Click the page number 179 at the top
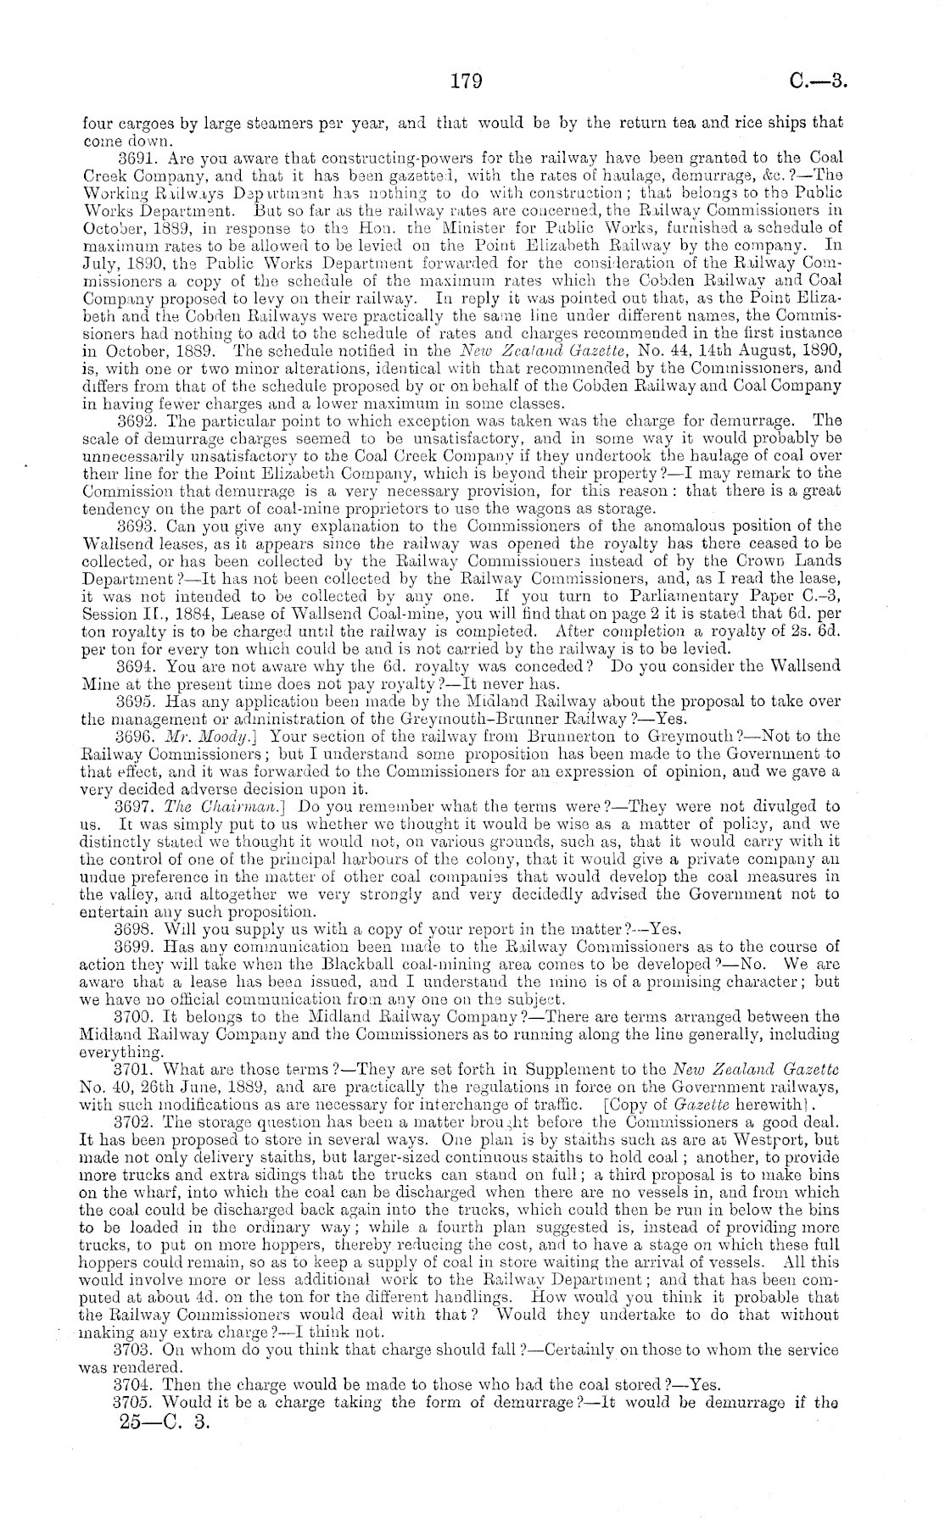coord(466,81)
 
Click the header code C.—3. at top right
coord(818,81)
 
